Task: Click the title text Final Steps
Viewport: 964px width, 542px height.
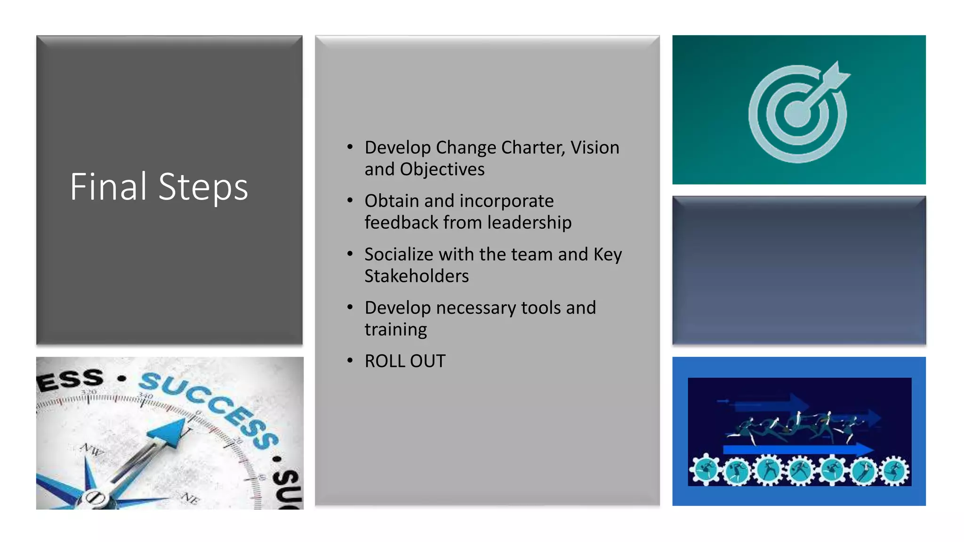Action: (x=159, y=187)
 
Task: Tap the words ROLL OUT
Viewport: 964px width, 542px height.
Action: (x=405, y=361)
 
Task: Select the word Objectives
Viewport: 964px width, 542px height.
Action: (x=442, y=169)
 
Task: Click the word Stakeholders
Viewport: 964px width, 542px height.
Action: (x=417, y=276)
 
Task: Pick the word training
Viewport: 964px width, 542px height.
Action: (x=395, y=329)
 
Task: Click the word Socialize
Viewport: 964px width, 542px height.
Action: (x=398, y=255)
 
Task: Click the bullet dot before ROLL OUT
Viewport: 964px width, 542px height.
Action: (x=350, y=361)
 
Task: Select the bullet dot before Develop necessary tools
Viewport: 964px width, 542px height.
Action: (x=350, y=307)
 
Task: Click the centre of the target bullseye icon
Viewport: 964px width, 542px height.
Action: (x=797, y=114)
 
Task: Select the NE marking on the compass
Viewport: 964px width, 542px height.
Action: (x=190, y=498)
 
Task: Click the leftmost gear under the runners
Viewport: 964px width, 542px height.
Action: (x=705, y=470)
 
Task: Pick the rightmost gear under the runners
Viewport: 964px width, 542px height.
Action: (x=894, y=471)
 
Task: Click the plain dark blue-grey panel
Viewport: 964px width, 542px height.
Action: (x=799, y=271)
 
